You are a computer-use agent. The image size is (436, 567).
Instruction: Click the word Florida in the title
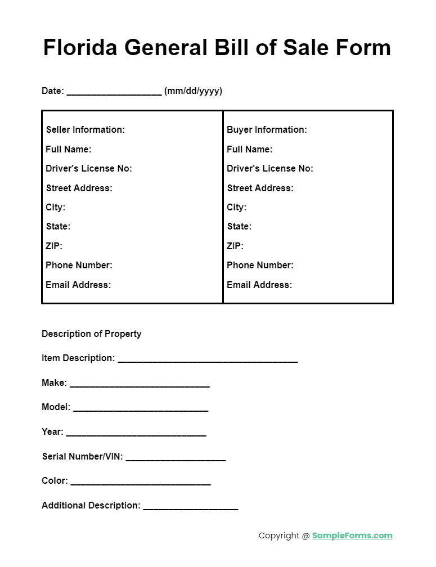coord(80,47)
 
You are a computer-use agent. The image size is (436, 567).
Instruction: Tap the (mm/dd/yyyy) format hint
coord(193,91)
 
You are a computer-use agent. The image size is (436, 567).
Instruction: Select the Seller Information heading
coord(86,130)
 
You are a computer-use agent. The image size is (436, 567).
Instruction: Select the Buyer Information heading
coord(267,130)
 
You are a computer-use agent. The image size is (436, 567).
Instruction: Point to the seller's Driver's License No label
coord(89,169)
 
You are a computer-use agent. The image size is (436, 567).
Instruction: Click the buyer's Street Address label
coord(260,188)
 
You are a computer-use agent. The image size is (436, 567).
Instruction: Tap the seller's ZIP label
coord(54,246)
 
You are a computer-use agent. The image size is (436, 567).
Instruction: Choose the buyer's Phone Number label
coord(260,265)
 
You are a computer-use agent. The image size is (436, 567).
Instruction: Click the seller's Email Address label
coord(78,285)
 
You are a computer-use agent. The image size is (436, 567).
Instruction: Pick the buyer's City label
coord(236,208)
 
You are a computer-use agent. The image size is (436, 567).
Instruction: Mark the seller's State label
coord(58,227)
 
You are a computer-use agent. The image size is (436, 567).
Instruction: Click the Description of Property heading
coord(92,334)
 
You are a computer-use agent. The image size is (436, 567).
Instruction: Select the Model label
coord(56,407)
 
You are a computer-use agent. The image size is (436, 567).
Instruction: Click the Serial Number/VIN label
coord(82,457)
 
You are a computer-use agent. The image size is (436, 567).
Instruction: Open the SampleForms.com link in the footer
coord(352,536)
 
